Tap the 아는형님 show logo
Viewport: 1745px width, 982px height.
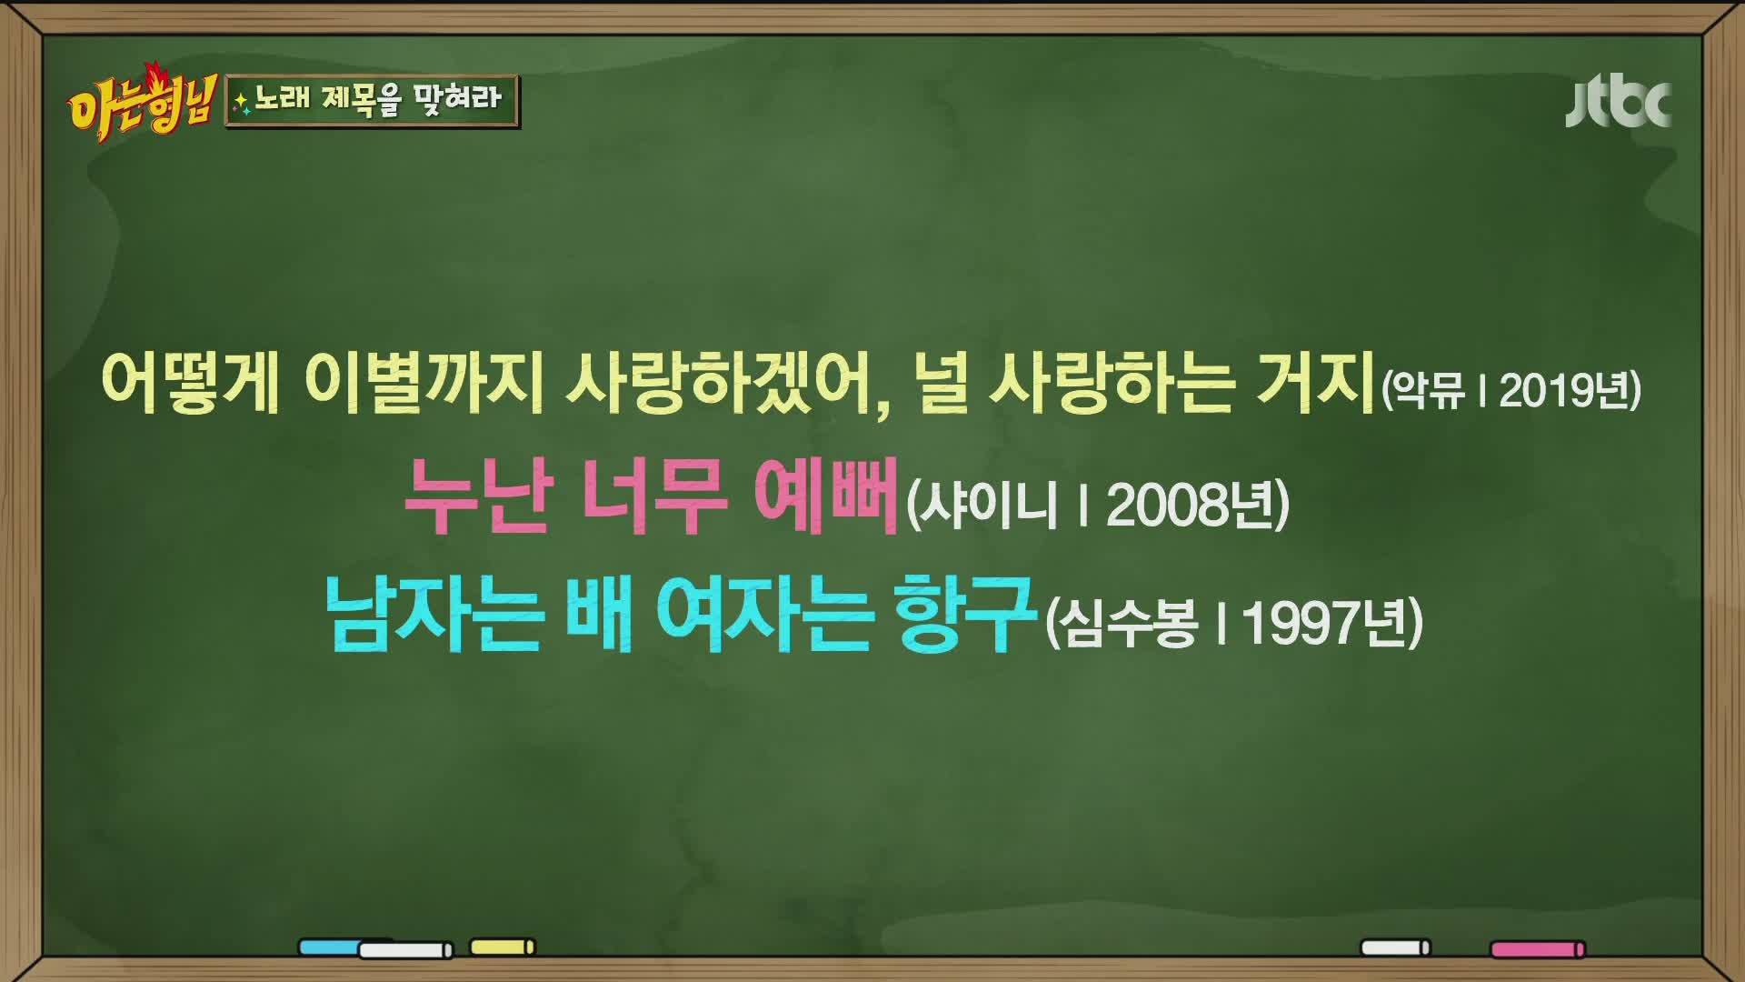pyautogui.click(x=141, y=103)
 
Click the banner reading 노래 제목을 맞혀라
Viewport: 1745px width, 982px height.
pyautogui.click(x=373, y=99)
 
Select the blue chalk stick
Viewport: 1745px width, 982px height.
pyautogui.click(x=331, y=947)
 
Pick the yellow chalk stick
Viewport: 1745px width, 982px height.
pyautogui.click(x=503, y=947)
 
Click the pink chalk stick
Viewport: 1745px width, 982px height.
pyautogui.click(x=1538, y=949)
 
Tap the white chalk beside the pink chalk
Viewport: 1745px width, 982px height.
pyautogui.click(x=1395, y=947)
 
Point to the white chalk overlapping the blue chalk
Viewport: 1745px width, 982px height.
pyautogui.click(x=405, y=950)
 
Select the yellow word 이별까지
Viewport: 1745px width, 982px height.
pyautogui.click(x=424, y=383)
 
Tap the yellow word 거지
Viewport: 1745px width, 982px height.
pyautogui.click(x=1315, y=383)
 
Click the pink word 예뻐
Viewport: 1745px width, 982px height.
pyautogui.click(x=825, y=496)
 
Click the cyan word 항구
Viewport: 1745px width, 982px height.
pyautogui.click(x=965, y=616)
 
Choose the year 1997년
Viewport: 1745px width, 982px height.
pyautogui.click(x=1326, y=624)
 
